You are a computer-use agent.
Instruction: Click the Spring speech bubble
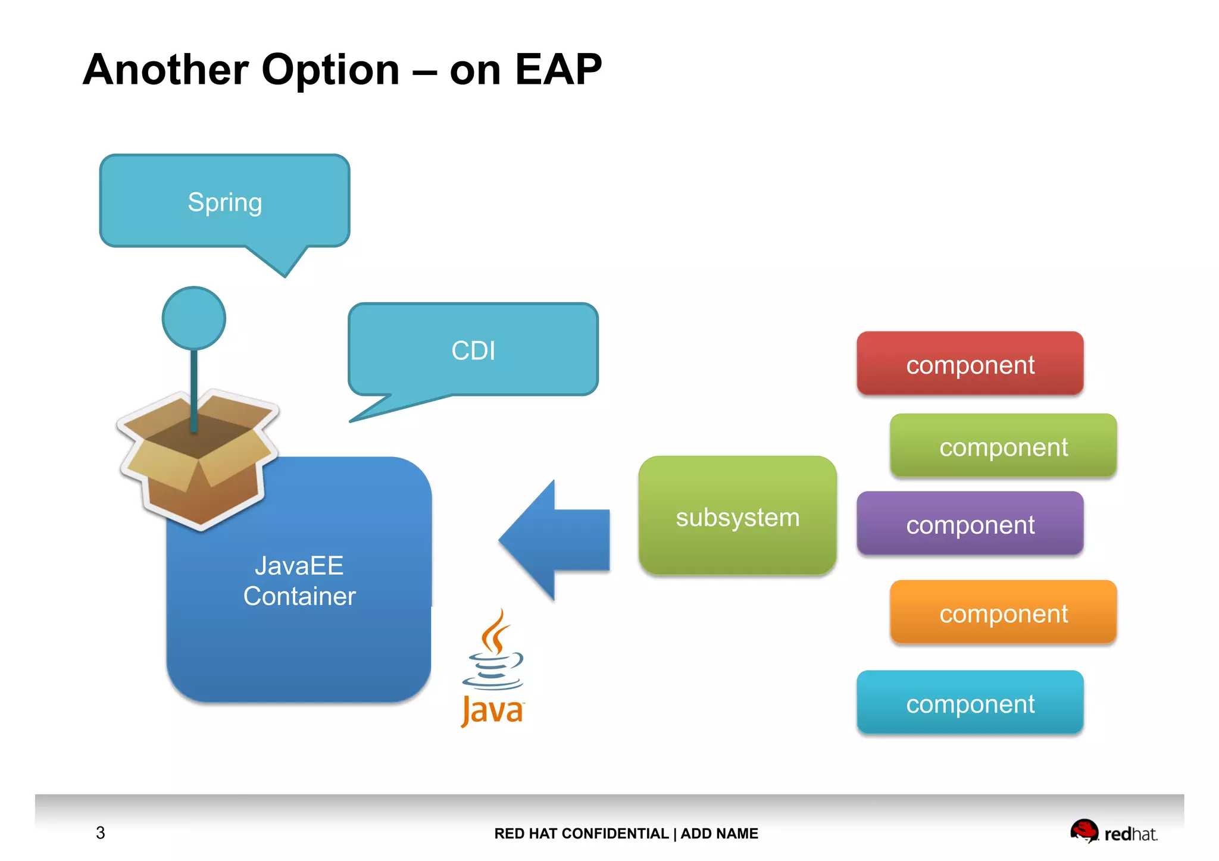[x=224, y=202]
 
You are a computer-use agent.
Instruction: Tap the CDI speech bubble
[x=473, y=350]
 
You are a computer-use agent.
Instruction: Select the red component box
[x=970, y=364]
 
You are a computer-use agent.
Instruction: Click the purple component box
[x=970, y=524]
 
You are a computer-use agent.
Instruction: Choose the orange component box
[x=1003, y=613]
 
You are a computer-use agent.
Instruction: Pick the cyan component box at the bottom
[x=970, y=703]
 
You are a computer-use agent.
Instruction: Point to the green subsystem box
[x=737, y=516]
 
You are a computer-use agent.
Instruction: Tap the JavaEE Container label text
[x=299, y=581]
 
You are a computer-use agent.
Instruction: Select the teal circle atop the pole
[x=194, y=318]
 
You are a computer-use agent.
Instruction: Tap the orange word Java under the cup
[x=492, y=710]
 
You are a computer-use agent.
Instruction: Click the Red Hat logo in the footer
[x=1113, y=832]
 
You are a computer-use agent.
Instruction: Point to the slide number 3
[x=100, y=832]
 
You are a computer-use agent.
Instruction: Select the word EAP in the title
[x=558, y=70]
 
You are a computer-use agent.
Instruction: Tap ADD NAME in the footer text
[x=719, y=834]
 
